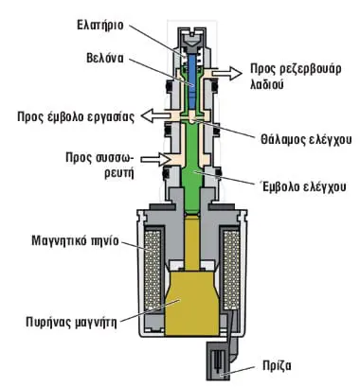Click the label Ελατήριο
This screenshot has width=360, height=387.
100,25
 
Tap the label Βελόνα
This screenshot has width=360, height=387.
105,58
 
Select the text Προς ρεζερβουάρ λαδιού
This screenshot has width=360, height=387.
296,77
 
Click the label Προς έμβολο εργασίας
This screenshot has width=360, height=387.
76,116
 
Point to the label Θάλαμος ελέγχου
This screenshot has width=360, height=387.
306,139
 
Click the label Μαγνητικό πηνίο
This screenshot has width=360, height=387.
75,240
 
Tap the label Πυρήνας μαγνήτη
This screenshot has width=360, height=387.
71,323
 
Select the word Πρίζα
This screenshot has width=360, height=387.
277,366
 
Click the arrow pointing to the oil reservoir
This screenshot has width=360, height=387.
226,73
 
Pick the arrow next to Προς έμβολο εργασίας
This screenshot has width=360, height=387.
155,115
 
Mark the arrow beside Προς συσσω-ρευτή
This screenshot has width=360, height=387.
155,159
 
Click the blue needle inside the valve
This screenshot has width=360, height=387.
191,82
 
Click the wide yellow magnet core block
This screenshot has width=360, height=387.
191,303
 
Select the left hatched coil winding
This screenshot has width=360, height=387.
153,269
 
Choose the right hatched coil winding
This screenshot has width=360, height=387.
231,269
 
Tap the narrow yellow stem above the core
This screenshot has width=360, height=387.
192,243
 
